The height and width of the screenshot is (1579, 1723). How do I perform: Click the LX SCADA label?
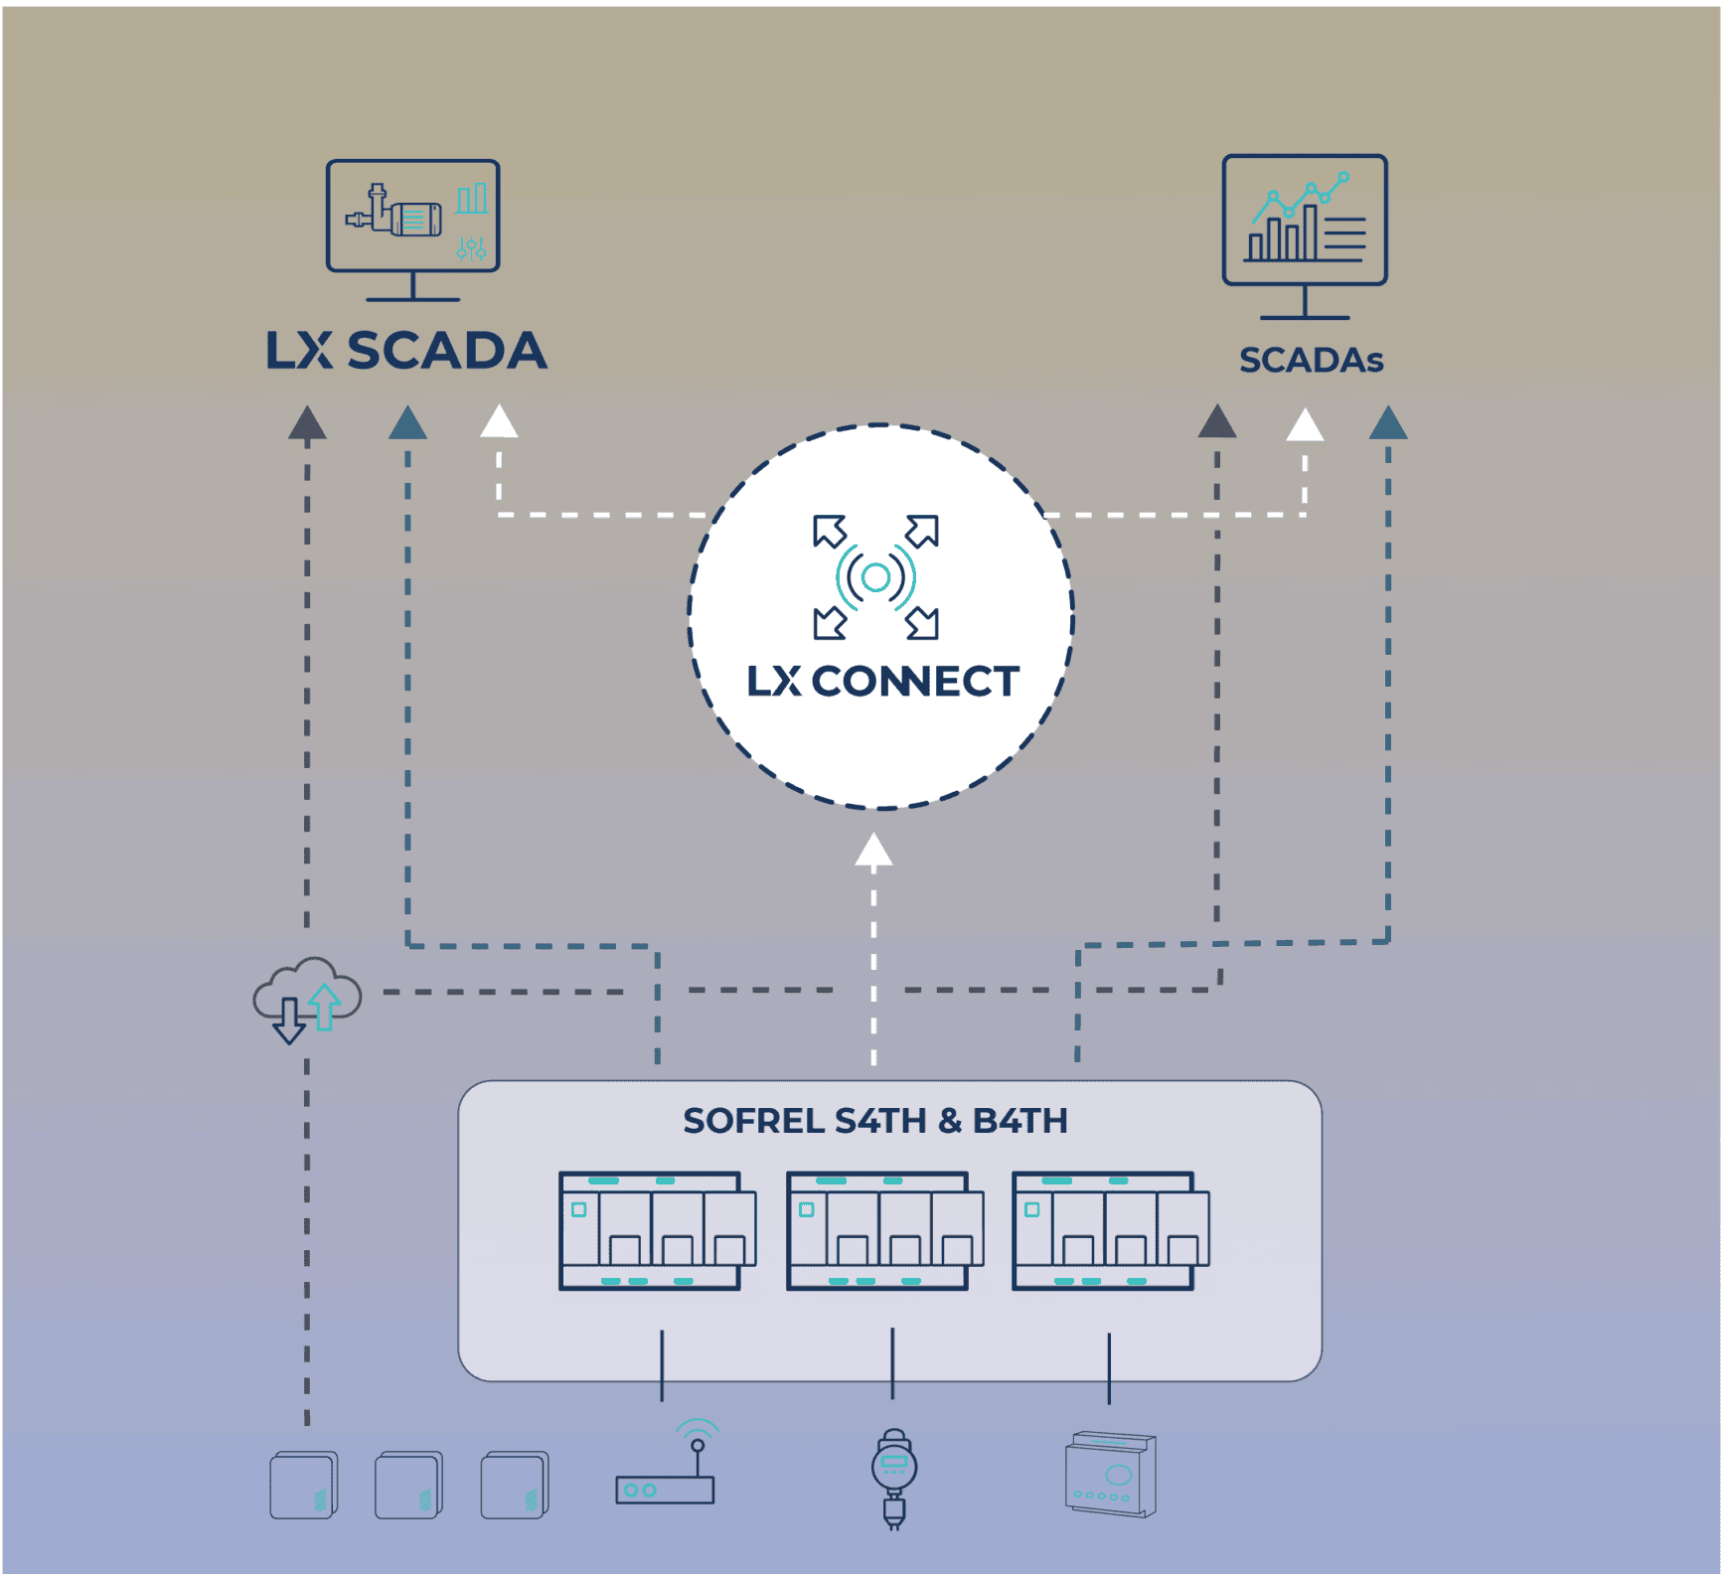point(405,351)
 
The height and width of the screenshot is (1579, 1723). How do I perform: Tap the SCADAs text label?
point(1311,360)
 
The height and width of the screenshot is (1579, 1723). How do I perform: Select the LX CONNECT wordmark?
point(882,682)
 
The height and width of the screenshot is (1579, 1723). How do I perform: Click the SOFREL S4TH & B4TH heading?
point(874,1121)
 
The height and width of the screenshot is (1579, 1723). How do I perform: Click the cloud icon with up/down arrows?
point(306,999)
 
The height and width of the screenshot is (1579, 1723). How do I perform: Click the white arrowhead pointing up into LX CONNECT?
point(873,850)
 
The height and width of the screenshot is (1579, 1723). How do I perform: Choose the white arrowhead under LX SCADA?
point(499,421)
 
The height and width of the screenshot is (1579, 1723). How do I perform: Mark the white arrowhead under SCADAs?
point(1305,425)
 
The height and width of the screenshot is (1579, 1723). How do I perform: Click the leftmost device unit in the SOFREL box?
point(657,1231)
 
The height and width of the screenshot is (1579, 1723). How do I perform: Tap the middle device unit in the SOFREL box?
point(883,1231)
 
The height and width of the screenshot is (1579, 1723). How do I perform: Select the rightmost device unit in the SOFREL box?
point(1110,1231)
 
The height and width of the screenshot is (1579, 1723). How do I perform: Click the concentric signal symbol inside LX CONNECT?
point(875,576)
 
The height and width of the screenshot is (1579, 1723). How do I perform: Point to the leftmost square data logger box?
point(304,1485)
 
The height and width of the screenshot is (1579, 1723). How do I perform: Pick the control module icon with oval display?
point(1111,1474)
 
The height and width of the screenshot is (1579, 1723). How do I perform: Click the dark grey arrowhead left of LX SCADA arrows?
point(307,423)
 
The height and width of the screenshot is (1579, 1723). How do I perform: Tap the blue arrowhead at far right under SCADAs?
point(1387,423)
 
